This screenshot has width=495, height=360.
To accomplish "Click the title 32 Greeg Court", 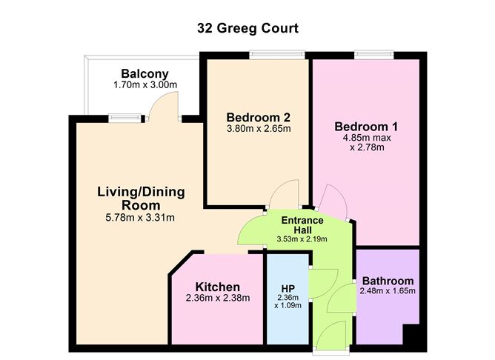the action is click(247, 28).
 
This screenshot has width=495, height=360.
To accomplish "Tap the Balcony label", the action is click(145, 74).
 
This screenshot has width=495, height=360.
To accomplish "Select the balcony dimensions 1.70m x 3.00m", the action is click(145, 85).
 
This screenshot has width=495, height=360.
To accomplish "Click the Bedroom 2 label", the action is click(258, 117).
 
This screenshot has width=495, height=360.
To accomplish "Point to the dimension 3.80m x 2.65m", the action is click(259, 129).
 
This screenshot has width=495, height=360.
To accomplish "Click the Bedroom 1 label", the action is click(366, 127).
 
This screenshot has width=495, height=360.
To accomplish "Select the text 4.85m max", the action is click(367, 138).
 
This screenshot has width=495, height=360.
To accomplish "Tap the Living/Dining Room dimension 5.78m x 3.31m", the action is click(140, 217).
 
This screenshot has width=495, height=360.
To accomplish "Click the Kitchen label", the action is click(218, 287).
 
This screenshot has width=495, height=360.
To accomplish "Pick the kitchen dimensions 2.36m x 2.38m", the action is click(218, 298).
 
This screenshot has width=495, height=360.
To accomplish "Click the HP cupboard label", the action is click(288, 288).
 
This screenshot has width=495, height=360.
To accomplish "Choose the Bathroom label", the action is click(388, 281).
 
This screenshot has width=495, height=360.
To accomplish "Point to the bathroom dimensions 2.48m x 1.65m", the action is click(388, 290).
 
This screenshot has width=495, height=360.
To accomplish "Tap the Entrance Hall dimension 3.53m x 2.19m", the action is click(302, 239).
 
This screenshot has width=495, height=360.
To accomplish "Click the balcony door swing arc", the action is click(158, 99).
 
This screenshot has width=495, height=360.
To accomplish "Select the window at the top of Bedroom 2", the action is click(277, 55).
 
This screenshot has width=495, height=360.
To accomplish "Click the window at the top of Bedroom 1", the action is click(373, 55).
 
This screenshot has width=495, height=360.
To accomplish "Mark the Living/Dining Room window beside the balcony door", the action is click(124, 118).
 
